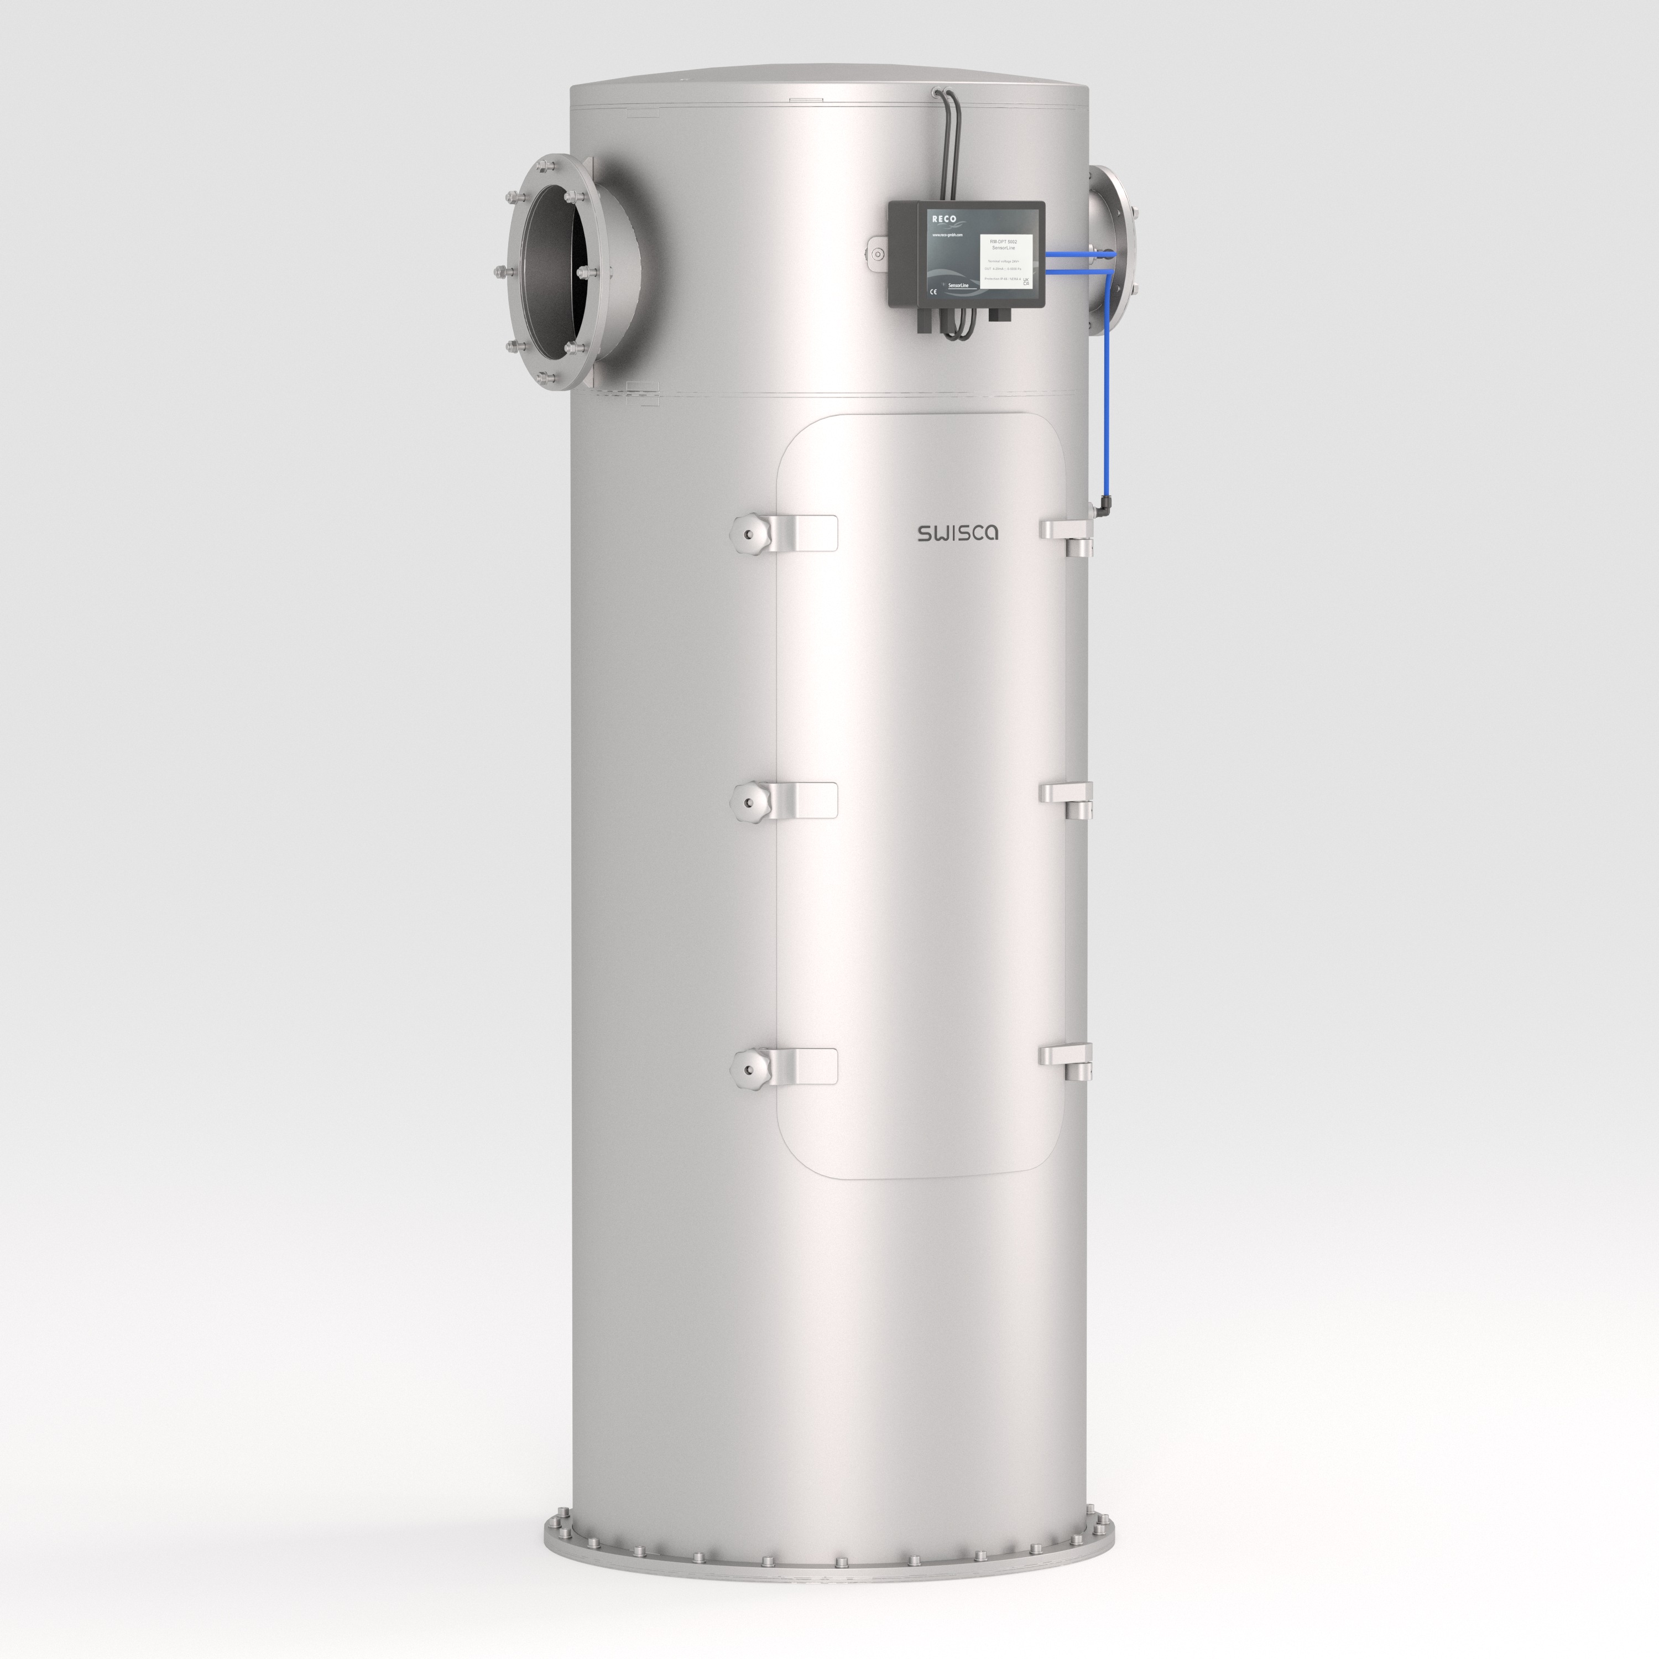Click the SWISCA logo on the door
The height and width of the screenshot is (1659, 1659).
(x=957, y=533)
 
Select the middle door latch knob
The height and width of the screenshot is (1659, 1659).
(x=749, y=802)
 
